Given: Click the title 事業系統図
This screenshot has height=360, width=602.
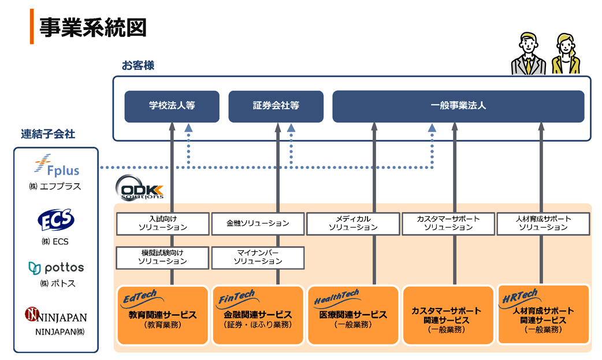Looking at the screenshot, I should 92,27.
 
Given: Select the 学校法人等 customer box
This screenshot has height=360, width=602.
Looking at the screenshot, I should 172,106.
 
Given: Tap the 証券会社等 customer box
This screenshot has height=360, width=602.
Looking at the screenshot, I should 276,106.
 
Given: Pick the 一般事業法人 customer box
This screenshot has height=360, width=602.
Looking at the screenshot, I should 458,106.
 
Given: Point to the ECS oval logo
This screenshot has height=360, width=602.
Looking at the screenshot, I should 55,220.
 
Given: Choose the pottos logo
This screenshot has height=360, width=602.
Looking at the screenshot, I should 56,268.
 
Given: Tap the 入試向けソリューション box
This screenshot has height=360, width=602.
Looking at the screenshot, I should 162,223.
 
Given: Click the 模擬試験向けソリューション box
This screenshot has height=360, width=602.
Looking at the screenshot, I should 162,257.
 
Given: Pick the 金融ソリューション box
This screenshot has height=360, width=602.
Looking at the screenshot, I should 258,223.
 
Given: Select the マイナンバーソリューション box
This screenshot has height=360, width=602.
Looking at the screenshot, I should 258,257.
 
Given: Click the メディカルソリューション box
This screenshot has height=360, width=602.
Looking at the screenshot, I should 353,223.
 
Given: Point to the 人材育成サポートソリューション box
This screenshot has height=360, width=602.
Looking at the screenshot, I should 543,223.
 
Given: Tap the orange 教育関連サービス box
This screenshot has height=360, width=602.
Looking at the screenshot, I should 162,316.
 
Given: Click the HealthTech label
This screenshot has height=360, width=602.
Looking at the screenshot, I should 337,299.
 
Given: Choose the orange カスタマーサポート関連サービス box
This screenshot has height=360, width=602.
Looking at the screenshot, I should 447,316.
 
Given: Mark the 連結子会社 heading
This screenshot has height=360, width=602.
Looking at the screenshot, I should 48,134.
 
